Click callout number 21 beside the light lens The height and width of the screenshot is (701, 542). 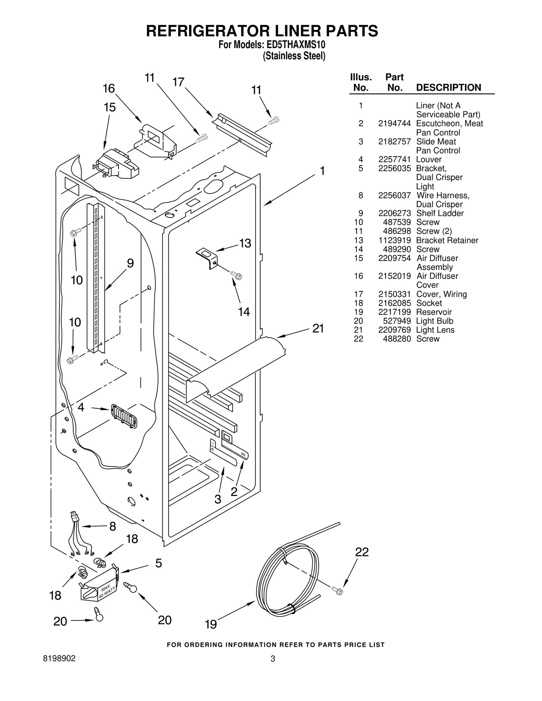click(318, 328)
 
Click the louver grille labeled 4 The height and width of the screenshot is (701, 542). click(124, 416)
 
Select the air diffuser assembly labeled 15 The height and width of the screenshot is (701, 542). click(117, 164)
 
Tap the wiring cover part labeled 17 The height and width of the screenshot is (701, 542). click(242, 134)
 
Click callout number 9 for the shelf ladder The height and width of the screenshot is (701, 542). click(130, 263)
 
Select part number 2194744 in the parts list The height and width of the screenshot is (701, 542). click(394, 124)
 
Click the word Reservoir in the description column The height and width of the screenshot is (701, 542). click(434, 312)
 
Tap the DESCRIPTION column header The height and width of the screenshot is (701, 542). click(448, 88)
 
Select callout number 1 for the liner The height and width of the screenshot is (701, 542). click(322, 171)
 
